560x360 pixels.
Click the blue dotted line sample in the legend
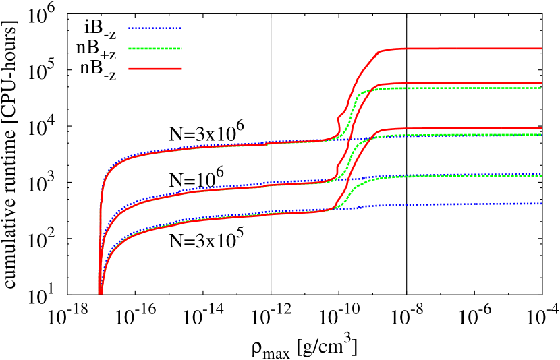click(155, 28)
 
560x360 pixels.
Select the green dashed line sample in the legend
click(155, 49)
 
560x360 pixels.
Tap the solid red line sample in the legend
click(155, 69)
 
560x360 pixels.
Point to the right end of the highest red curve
click(541, 49)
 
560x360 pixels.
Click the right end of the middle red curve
click(541, 83)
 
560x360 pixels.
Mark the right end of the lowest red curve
click(541, 128)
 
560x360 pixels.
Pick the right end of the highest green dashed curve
click(541, 88)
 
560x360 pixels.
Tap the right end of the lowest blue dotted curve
click(541, 203)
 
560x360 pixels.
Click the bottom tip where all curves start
click(101, 293)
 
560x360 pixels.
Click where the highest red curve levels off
click(382, 51)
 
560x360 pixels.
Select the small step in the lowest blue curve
click(361, 206)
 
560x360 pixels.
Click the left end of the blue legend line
click(129, 28)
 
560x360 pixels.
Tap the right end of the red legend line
click(181, 69)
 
